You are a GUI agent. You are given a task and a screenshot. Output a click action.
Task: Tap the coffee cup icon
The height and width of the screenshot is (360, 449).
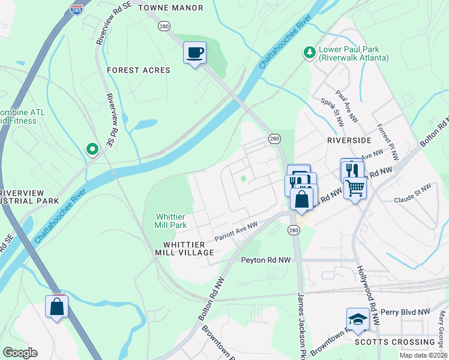[194, 52]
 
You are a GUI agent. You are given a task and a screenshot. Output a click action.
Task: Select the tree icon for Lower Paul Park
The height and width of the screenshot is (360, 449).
[310, 53]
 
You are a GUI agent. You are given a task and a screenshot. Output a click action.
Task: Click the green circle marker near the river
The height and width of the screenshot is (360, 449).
[92, 148]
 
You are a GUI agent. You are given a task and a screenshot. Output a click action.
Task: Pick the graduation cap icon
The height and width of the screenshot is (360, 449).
[358, 319]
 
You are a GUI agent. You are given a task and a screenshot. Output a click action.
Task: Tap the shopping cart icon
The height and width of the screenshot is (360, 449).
[355, 188]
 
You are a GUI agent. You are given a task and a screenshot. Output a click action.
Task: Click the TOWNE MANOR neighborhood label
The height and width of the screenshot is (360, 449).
[170, 8]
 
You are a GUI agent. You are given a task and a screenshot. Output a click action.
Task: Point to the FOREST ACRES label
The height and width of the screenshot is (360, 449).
[139, 70]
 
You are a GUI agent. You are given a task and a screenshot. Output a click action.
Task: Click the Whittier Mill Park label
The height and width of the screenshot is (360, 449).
[171, 221]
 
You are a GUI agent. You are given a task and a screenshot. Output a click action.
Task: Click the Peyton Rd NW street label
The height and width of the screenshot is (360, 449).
[266, 260]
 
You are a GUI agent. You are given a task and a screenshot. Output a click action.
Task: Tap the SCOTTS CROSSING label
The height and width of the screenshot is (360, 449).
[403, 342]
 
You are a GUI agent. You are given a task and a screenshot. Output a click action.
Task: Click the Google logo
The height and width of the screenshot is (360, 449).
[20, 353]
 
